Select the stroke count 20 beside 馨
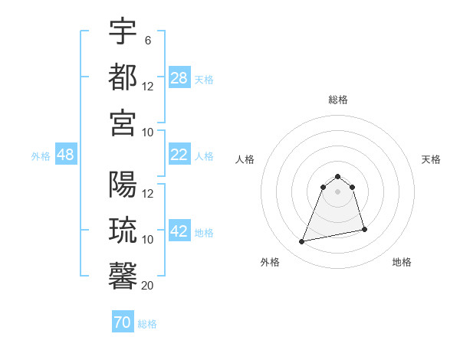tap(148, 286)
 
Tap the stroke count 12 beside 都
tap(148, 87)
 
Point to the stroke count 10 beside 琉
tap(148, 240)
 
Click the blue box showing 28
tap(179, 78)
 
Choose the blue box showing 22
tap(179, 155)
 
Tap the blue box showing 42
tap(179, 232)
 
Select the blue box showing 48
tap(66, 155)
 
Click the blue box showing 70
tap(123, 322)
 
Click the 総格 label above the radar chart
tap(337, 100)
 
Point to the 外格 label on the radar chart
tap(270, 262)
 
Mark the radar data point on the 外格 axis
tap(302, 242)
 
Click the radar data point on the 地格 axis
tap(364, 230)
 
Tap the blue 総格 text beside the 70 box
tap(147, 324)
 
